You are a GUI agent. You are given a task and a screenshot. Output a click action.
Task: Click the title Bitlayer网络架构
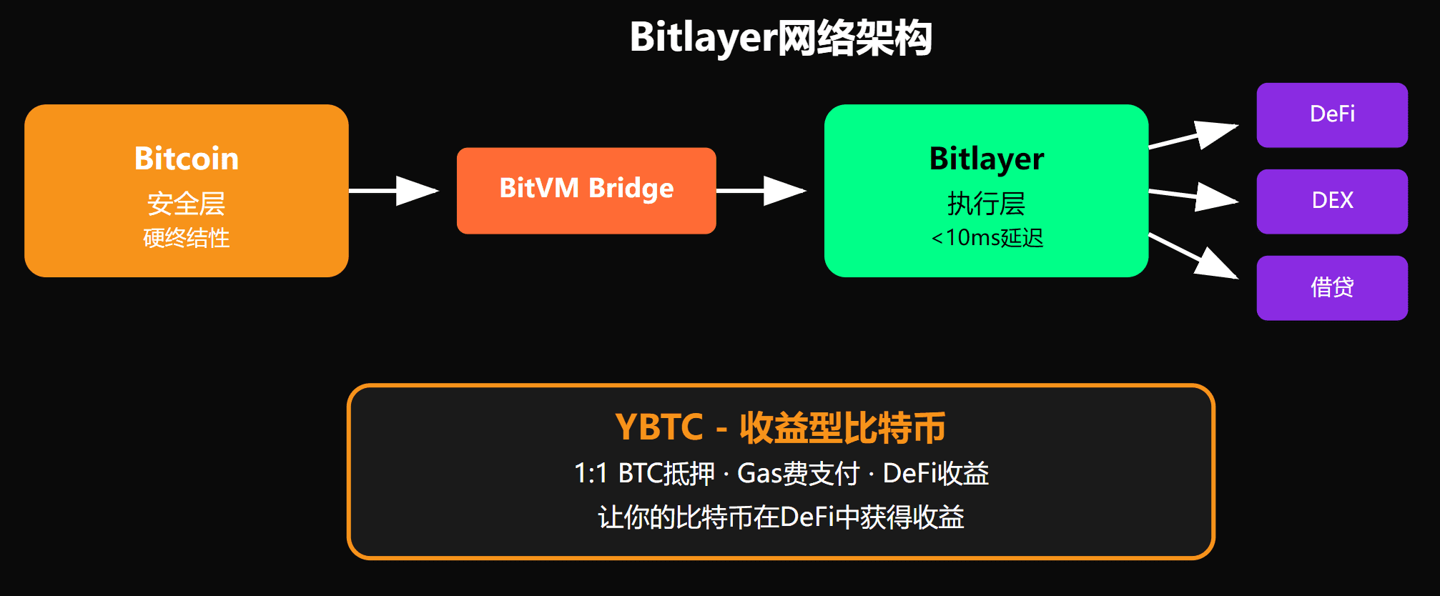[x=781, y=37]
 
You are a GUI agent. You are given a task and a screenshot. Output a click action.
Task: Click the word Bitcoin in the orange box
[x=187, y=158]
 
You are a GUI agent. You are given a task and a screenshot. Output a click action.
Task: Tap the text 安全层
[x=187, y=204]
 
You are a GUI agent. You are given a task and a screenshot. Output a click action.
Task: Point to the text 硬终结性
[x=187, y=238]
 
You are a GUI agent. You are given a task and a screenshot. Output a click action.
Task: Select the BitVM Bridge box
[x=586, y=190]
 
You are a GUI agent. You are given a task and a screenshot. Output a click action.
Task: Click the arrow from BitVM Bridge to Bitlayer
[x=762, y=191]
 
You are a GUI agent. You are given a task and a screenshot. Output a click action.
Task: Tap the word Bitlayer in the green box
[x=987, y=159]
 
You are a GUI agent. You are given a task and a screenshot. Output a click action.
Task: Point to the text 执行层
[x=987, y=204]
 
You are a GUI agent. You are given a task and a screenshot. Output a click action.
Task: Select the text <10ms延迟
[x=987, y=238]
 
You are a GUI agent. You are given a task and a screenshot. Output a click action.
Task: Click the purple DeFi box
[x=1332, y=114]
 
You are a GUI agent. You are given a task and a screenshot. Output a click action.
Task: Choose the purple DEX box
[x=1332, y=201]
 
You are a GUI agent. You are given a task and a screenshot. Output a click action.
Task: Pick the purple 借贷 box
[x=1332, y=287]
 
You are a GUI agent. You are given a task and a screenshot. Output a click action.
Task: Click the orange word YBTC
[x=659, y=427]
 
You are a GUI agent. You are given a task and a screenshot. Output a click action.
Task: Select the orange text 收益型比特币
[x=842, y=427]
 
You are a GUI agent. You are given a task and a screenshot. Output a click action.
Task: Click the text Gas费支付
[x=798, y=473]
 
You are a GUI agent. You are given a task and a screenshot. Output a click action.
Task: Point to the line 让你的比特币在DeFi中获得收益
[x=781, y=517]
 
